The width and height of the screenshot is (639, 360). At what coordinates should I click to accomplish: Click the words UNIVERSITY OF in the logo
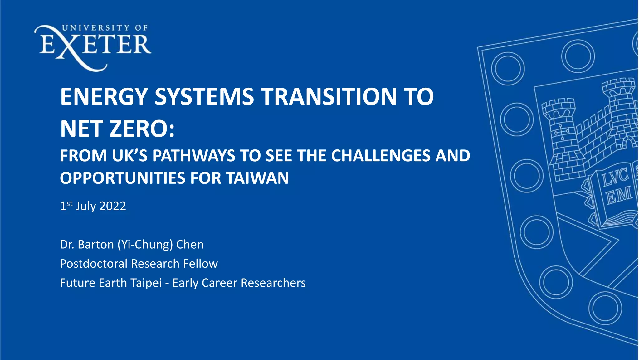[x=105, y=28]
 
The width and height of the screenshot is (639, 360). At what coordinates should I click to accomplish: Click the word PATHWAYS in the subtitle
[x=193, y=156]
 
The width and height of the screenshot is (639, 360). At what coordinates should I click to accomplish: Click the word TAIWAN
[x=257, y=178]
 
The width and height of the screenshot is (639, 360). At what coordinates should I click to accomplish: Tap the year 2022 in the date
[x=113, y=206]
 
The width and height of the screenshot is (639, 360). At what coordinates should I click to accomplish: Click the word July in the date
[x=85, y=206]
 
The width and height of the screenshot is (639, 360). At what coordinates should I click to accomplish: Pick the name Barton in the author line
[x=95, y=245]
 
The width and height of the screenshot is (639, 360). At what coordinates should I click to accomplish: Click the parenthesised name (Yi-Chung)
[x=145, y=245]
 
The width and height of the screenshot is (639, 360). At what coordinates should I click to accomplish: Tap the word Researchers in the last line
[x=273, y=283]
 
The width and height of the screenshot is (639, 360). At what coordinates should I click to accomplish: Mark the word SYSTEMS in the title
[x=204, y=97]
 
